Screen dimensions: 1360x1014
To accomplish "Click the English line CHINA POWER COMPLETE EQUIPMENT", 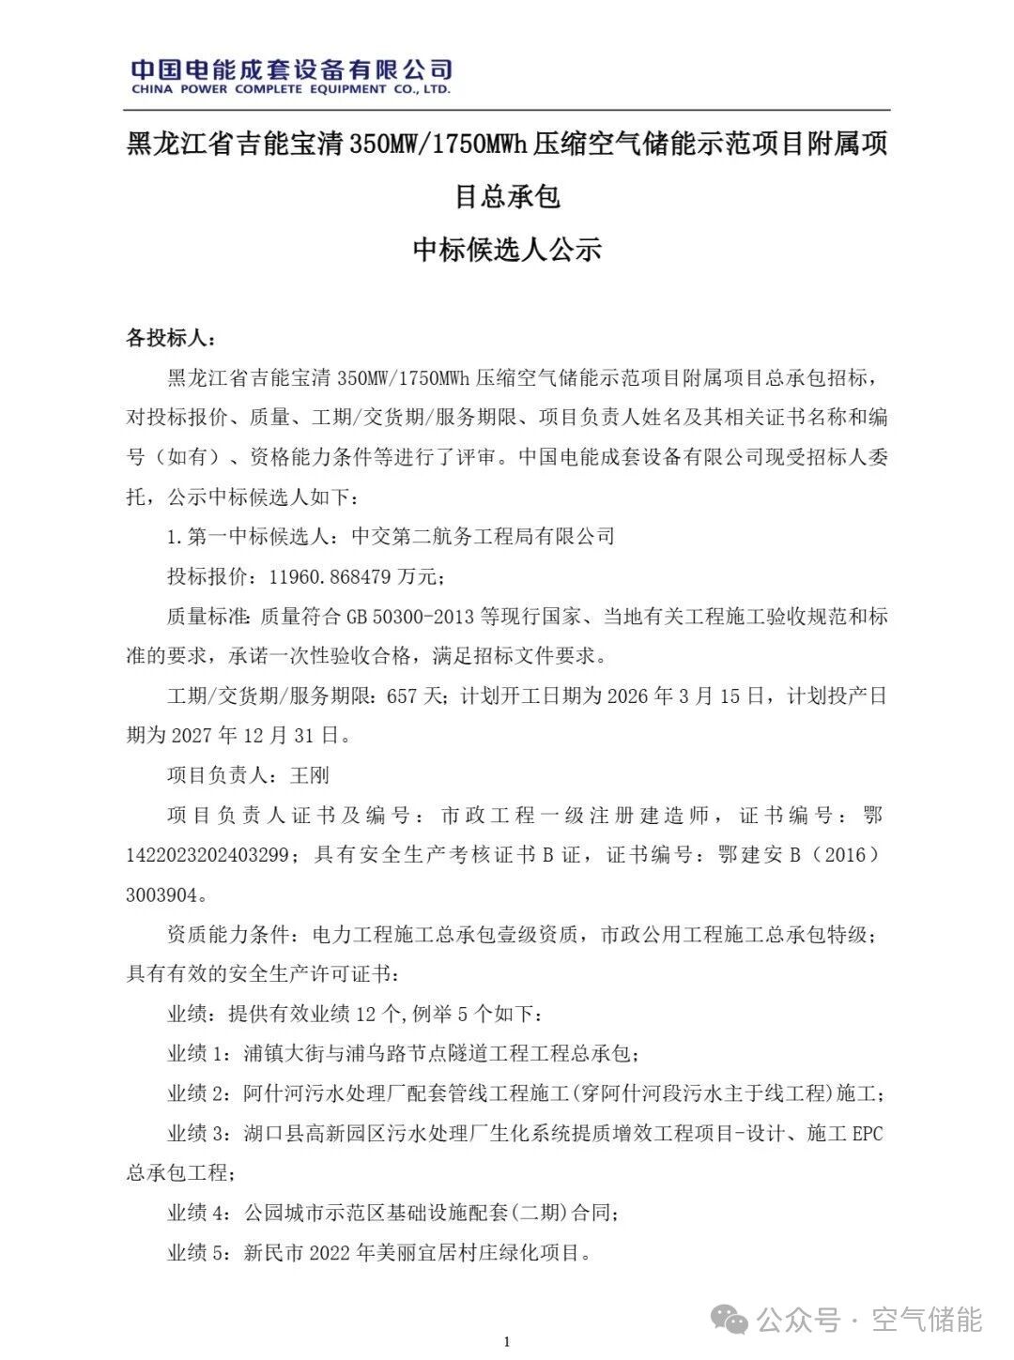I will tap(290, 90).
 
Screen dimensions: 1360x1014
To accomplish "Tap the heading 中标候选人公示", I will tap(507, 250).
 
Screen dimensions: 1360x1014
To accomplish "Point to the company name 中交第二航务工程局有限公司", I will tap(483, 537).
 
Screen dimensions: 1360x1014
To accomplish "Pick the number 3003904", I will tap(161, 894).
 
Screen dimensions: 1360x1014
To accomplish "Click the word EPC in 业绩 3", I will tap(866, 1133).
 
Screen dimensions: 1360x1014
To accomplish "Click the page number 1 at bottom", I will tap(507, 1342).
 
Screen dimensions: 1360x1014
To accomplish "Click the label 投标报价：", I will tap(208, 576).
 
